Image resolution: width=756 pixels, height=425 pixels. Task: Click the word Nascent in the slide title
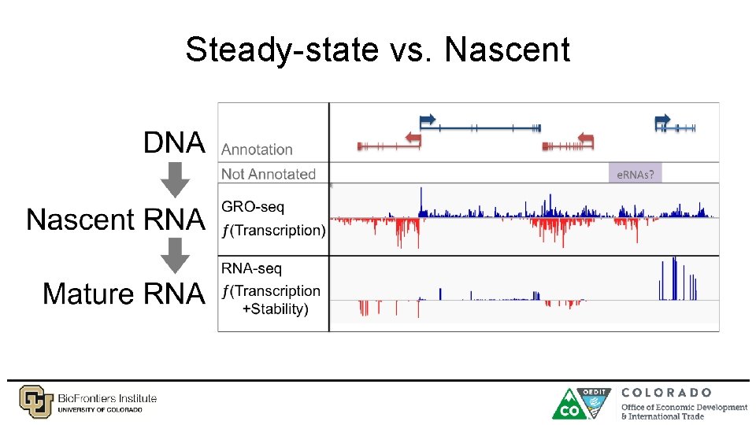[x=506, y=50]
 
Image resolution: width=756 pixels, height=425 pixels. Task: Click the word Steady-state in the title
[x=281, y=50]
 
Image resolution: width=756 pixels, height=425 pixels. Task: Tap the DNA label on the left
[x=174, y=143]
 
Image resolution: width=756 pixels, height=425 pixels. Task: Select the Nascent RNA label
[x=116, y=219]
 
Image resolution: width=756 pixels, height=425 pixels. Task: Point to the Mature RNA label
[x=124, y=294]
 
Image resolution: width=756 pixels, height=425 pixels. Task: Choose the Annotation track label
[x=257, y=150]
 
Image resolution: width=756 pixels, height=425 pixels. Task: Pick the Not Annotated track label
[x=268, y=174]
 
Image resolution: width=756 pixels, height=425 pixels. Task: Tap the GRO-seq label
[x=254, y=208]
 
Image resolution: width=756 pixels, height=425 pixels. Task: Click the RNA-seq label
[x=251, y=269]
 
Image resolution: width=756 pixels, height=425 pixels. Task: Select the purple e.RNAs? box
[x=635, y=174]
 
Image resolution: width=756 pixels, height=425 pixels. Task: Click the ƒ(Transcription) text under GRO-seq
[x=273, y=231]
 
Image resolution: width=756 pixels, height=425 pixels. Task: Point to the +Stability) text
[x=275, y=309]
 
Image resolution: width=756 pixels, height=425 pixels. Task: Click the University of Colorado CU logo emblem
[x=35, y=401]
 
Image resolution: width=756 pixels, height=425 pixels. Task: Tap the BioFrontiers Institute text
[x=107, y=398]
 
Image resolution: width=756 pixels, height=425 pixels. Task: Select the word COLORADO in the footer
[x=666, y=392]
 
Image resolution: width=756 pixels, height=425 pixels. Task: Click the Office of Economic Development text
[x=684, y=407]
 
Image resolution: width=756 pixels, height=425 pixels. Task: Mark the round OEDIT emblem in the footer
[x=596, y=400]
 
